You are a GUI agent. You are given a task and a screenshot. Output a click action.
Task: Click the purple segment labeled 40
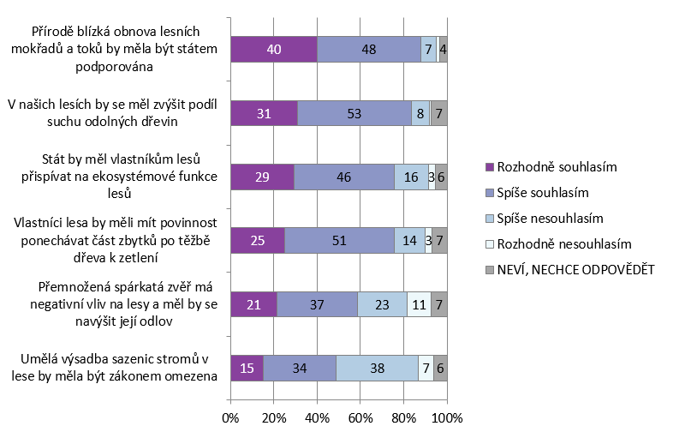(274, 50)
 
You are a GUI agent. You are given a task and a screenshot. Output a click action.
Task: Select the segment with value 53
(354, 112)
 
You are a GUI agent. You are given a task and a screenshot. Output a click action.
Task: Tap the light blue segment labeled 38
(377, 367)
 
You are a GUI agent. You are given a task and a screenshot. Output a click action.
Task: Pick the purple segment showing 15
(247, 367)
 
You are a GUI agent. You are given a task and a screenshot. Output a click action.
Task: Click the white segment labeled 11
(419, 303)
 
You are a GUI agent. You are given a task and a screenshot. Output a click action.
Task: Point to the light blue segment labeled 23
(382, 303)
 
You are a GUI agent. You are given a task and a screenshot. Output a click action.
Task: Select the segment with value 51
(339, 240)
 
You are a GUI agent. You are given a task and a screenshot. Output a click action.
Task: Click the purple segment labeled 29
(262, 176)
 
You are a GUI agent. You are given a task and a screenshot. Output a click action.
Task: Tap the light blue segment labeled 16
(411, 176)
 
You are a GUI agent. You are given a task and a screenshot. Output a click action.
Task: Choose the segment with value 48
(369, 50)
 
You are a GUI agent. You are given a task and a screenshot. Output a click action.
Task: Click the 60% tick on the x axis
(360, 417)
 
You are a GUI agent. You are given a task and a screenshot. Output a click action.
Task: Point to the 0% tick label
(230, 417)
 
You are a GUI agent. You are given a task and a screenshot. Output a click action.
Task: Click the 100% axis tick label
(447, 417)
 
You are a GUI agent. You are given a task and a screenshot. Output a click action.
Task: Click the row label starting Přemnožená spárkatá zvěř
(120, 303)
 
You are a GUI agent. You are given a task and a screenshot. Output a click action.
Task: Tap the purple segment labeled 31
(264, 112)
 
